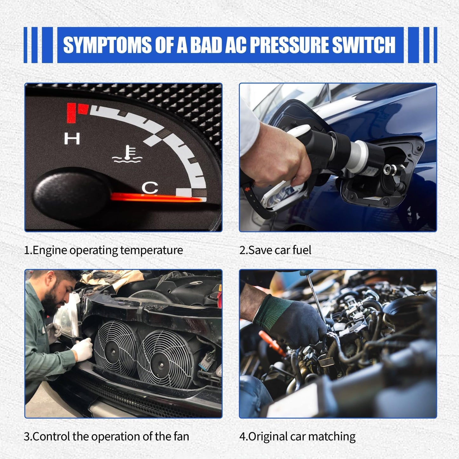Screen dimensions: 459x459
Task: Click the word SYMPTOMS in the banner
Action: coord(107,45)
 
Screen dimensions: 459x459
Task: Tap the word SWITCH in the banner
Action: coord(364,45)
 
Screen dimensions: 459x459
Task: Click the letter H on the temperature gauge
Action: coord(72,138)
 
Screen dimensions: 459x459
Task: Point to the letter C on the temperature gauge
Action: coord(150,188)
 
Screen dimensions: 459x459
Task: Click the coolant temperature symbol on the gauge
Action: coord(127,154)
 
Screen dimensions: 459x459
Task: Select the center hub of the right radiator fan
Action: coord(162,365)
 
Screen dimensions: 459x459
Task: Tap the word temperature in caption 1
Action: coord(152,250)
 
